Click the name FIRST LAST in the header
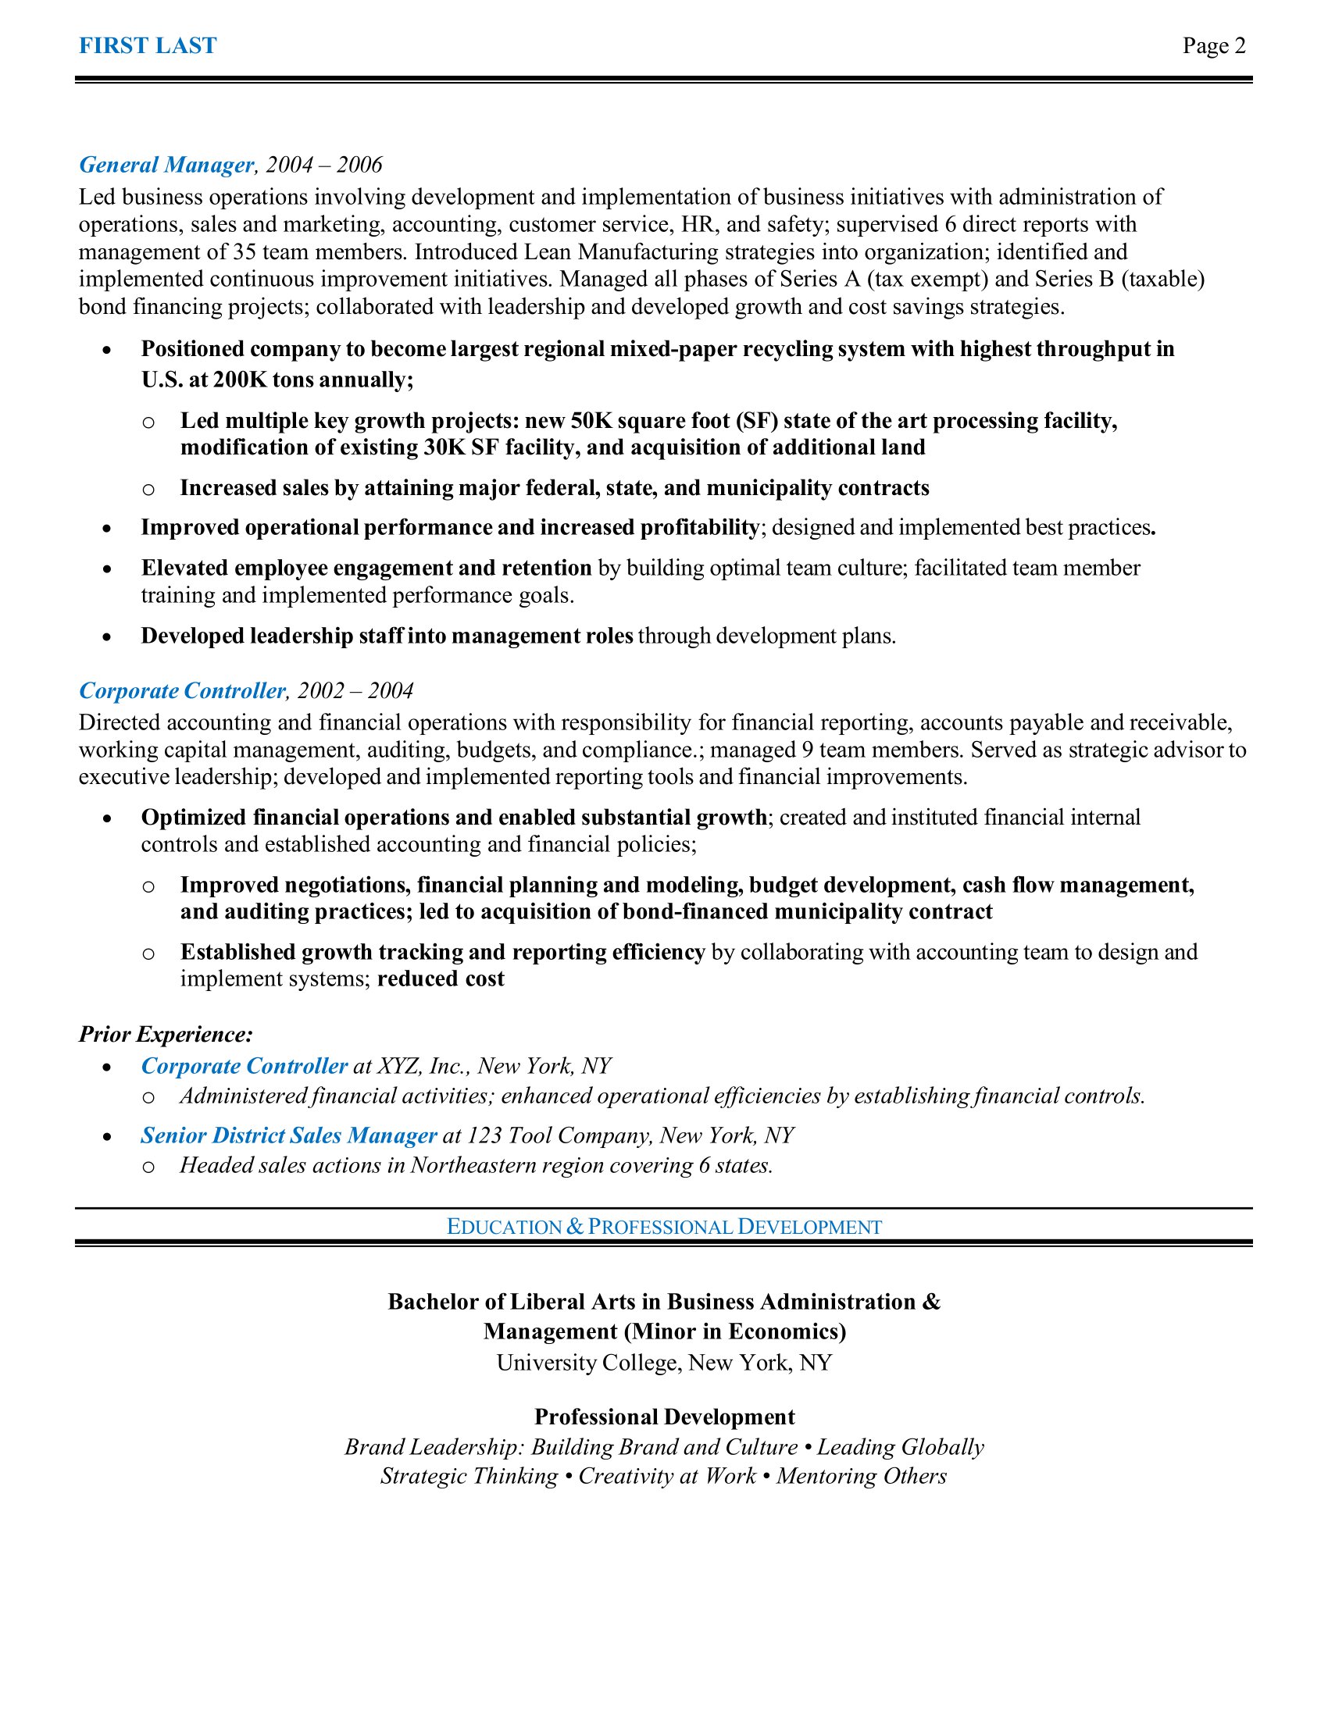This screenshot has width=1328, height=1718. tap(147, 45)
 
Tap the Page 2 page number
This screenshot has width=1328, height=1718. tap(1213, 45)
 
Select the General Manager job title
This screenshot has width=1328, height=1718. tap(166, 165)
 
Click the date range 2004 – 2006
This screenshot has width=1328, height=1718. tap(323, 165)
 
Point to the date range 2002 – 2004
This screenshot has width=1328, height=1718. tap(355, 690)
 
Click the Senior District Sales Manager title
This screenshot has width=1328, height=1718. tap(288, 1135)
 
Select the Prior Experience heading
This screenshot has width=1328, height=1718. tap(165, 1035)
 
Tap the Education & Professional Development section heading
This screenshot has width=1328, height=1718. tap(664, 1226)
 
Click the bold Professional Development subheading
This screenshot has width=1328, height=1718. tap(664, 1417)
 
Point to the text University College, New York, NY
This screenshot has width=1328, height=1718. tap(664, 1363)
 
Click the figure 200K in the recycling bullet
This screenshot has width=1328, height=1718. tap(240, 380)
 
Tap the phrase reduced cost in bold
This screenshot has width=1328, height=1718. tap(441, 978)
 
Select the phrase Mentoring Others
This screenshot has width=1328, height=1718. tap(862, 1476)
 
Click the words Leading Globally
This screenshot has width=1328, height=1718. tap(900, 1446)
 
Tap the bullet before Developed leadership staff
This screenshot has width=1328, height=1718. tap(107, 636)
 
